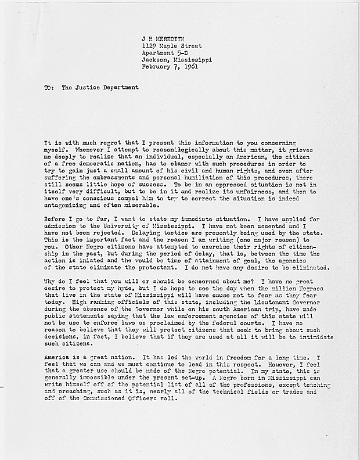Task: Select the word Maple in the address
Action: coord(172,45)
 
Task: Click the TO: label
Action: coord(48,88)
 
